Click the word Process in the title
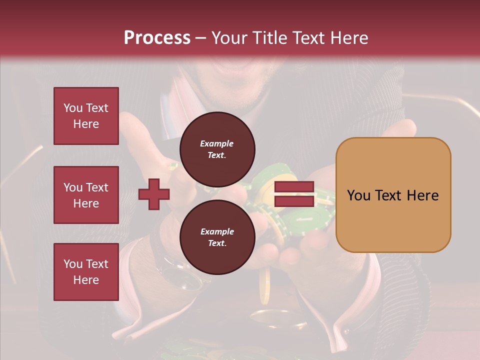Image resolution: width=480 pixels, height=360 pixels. pos(157,38)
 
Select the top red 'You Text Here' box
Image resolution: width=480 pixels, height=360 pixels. pos(86,116)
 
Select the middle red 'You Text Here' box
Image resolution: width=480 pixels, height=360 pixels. pos(86,195)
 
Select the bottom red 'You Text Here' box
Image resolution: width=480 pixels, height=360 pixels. pos(86,272)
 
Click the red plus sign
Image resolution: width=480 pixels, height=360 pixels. pos(154,194)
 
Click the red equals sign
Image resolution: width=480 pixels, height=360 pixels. pos(294,194)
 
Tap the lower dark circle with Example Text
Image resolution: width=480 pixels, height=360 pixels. pos(217,237)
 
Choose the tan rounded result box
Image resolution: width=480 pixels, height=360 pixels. pos(393,195)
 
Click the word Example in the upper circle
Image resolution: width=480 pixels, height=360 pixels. pos(217,143)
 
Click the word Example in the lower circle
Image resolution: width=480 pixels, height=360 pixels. pos(217,231)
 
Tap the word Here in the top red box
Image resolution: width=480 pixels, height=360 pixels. pos(86,124)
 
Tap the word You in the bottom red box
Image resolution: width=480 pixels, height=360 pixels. pos(73,264)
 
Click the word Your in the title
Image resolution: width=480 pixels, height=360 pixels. pos(228,38)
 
